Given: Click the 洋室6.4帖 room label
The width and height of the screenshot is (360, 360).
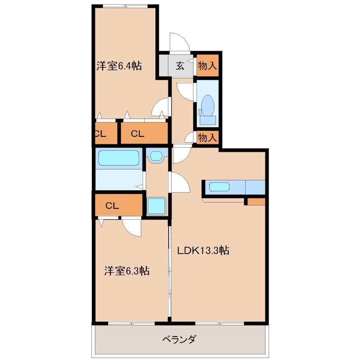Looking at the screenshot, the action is pos(119,66).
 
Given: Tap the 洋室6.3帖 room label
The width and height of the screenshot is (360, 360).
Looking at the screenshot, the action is pos(127,271).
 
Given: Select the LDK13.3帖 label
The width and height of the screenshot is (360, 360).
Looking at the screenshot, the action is pos(203,250).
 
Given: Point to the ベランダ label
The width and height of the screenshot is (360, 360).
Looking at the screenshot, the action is pos(179,339).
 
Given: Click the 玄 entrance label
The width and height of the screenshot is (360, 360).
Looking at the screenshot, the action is pos(180,66).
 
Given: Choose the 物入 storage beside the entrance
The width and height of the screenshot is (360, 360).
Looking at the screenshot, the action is pos(207,66).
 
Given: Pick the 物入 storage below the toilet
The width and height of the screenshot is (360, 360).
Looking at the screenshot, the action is pos(207,138).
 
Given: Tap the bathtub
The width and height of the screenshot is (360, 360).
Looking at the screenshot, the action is pos(119,158).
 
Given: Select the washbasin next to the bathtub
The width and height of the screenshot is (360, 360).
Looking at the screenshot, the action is pos(157,156).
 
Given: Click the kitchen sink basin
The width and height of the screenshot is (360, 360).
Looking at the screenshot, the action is pos(219,187).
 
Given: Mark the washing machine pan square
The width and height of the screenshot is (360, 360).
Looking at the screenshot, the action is pos(156,206).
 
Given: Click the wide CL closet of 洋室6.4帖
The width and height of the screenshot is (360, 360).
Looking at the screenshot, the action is pos(144,133).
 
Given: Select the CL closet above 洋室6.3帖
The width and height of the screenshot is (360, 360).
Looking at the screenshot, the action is pos(118,205).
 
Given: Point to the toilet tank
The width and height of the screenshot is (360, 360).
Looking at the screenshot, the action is pos(207,120).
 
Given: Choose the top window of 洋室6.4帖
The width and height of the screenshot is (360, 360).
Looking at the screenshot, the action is pos(125,6).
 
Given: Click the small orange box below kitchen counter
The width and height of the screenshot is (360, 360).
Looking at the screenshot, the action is pos(256,202).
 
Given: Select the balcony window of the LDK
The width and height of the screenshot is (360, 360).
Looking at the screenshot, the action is pos(220,324).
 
